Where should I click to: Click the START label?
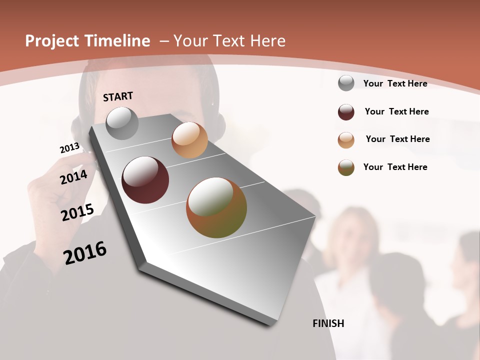click(x=118, y=96)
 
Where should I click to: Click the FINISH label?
click(x=328, y=323)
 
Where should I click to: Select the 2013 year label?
click(x=69, y=147)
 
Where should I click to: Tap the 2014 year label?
click(x=73, y=177)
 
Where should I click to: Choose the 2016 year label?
click(x=85, y=252)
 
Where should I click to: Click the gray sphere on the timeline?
click(x=122, y=123)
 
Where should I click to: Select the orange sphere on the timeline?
click(x=189, y=140)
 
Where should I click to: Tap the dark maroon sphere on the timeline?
click(x=145, y=180)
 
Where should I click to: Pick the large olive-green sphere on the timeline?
click(x=216, y=207)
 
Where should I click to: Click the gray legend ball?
click(x=346, y=83)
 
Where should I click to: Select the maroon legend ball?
click(x=346, y=112)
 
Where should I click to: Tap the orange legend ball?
click(x=346, y=140)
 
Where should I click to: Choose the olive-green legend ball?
click(x=346, y=167)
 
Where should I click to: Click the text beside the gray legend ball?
click(x=395, y=83)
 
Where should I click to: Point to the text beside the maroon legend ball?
click(x=396, y=111)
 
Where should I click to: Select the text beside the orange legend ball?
click(x=397, y=139)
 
